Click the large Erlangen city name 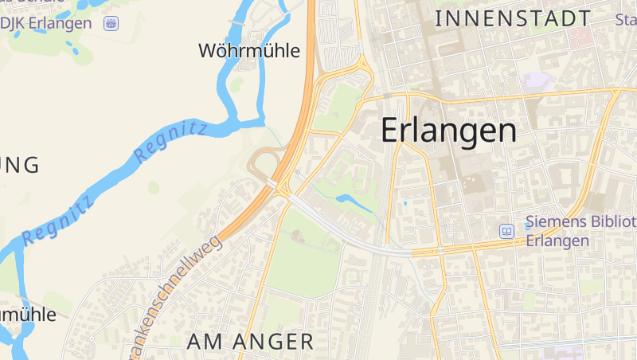point(448,131)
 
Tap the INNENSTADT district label point(514,19)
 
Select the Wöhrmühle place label point(248,52)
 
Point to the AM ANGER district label point(250,342)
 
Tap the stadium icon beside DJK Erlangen point(111,23)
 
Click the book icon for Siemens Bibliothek point(506,231)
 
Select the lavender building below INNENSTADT point(537,80)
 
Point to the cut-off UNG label point(20,166)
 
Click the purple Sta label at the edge point(626,19)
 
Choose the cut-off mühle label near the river point(28,314)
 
